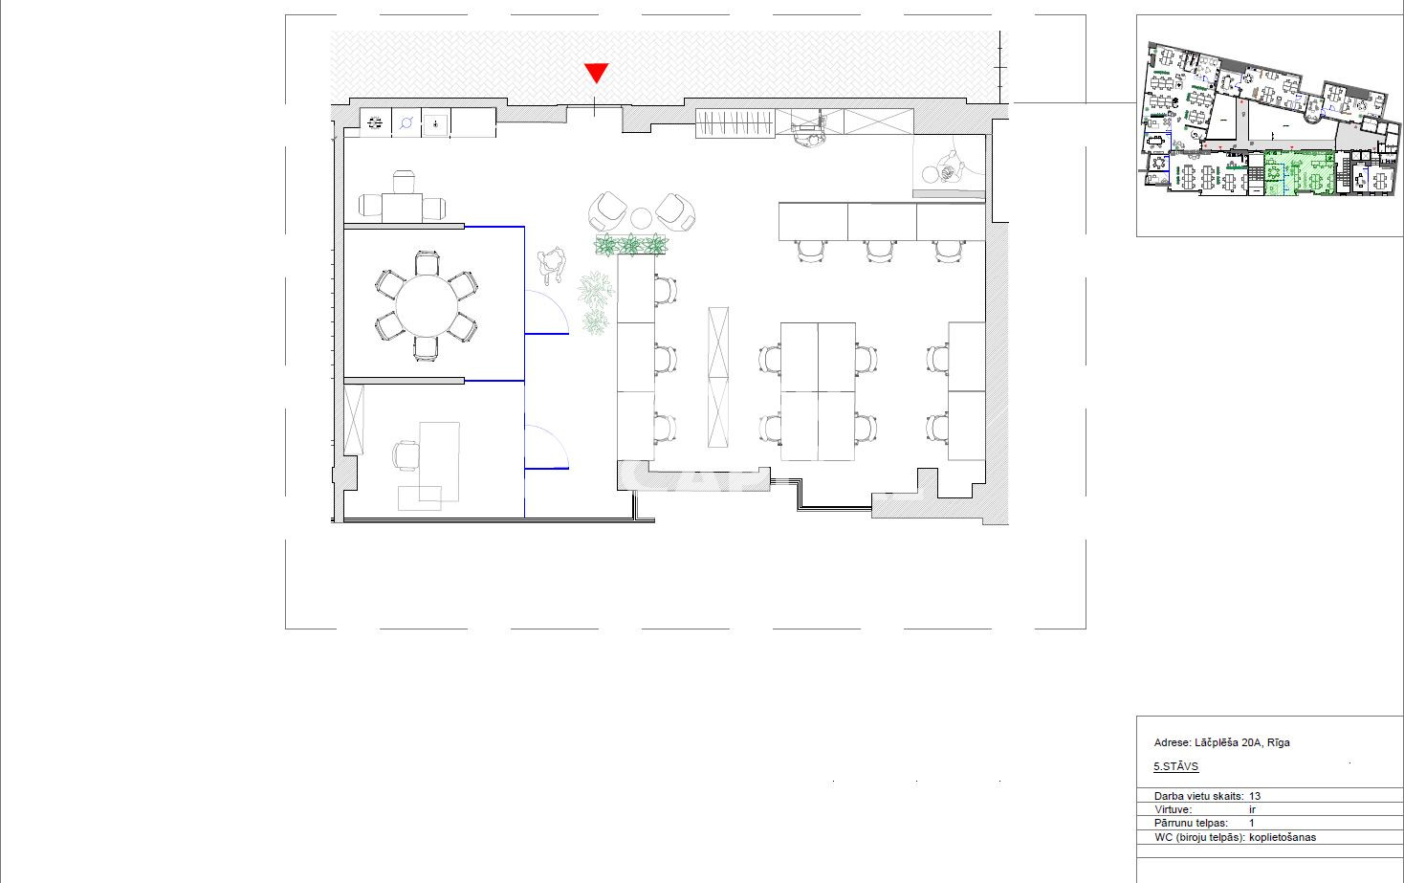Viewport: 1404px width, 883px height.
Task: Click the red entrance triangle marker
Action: [x=596, y=73]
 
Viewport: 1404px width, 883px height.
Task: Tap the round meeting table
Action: [x=427, y=306]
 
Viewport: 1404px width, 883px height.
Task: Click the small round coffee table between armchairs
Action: [x=641, y=218]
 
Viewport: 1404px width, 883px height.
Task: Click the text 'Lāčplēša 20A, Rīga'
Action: [x=1241, y=742]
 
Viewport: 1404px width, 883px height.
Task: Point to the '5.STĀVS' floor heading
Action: [x=1175, y=766]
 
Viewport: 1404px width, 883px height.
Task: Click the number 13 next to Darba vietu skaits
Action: [x=1254, y=796]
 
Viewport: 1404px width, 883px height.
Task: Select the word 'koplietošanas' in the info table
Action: [x=1283, y=837]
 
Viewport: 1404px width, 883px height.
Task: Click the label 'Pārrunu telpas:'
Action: [x=1191, y=823]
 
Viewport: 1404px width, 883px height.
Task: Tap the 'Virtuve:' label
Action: [x=1173, y=809]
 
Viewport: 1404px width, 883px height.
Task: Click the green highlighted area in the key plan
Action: [x=1299, y=172]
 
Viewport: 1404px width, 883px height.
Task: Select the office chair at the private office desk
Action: [x=406, y=455]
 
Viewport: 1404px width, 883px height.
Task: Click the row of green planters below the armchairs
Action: [x=630, y=245]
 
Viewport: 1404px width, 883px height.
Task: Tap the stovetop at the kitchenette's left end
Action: [x=375, y=122]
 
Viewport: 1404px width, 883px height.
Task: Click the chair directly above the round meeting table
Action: [x=427, y=263]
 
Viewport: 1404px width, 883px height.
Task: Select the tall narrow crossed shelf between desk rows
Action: [x=718, y=377]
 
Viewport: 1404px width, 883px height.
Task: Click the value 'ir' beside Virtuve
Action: [x=1252, y=809]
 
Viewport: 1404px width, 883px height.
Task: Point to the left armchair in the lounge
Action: [x=607, y=210]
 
